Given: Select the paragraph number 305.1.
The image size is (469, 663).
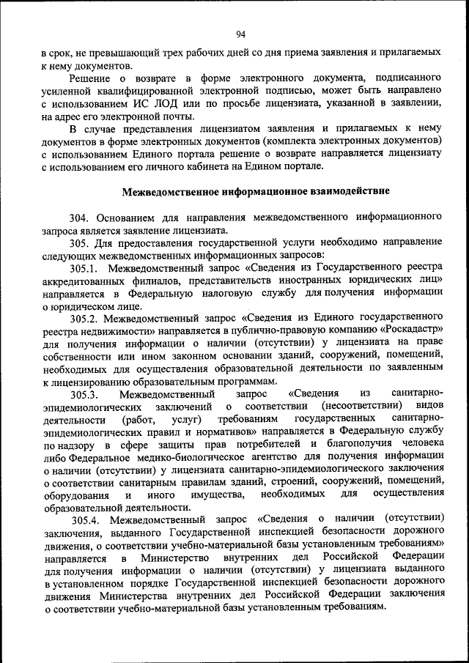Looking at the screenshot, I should click(x=84, y=268).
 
